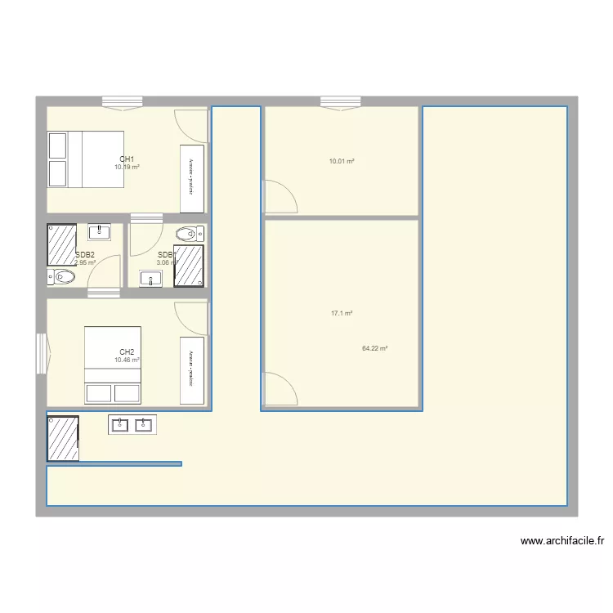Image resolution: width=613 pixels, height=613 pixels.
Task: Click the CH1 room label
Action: (127, 159)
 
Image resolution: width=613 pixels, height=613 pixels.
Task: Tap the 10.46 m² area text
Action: (127, 360)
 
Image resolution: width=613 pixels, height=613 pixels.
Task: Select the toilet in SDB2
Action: (62, 278)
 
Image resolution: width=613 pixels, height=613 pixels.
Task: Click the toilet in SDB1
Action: (190, 234)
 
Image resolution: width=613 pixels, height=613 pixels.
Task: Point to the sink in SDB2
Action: (99, 232)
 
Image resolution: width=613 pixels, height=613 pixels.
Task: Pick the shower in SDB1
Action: (189, 266)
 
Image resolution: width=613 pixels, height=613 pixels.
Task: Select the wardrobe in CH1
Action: (191, 178)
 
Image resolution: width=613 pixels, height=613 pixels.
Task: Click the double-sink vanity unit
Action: (132, 424)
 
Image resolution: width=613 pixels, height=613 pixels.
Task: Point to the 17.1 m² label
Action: (342, 313)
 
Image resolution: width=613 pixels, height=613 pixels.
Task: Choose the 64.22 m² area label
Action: (374, 348)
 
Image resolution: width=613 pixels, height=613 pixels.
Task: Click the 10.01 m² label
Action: (342, 161)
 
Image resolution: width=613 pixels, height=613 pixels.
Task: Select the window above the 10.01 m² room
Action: (341, 102)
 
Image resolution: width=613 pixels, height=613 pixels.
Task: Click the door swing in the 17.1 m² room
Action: (279, 388)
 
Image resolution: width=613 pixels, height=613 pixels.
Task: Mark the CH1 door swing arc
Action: (192, 124)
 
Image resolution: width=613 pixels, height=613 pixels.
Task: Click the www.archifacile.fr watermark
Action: (562, 540)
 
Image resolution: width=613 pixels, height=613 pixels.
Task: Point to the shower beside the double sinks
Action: (63, 438)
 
